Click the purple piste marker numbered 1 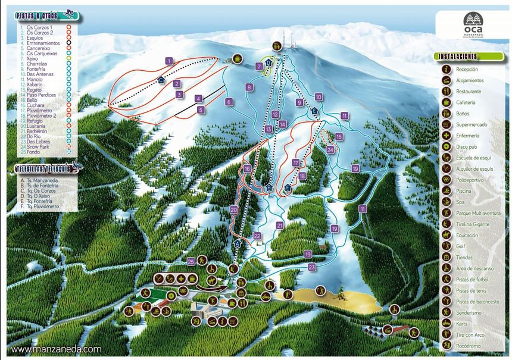coord(169,61)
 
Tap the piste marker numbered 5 coord(201,109)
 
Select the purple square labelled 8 coord(248,87)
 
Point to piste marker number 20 coord(234,209)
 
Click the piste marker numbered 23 coord(312,268)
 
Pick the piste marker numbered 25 coord(191,261)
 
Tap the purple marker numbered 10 coord(319,96)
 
